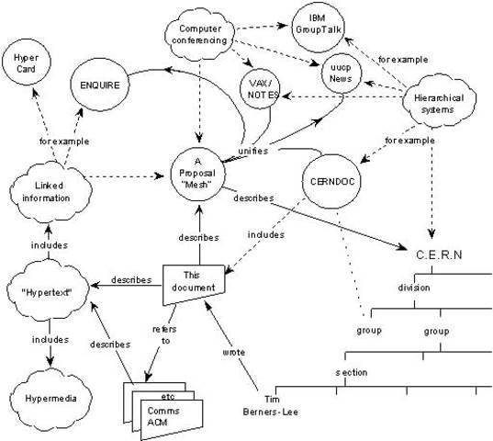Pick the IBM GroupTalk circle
tap(326, 23)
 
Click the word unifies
tap(252, 151)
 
